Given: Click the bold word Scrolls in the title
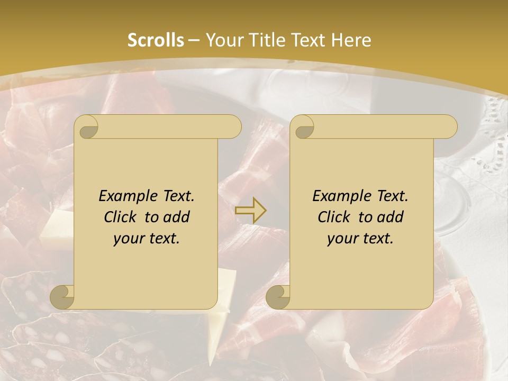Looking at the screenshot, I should [156, 40].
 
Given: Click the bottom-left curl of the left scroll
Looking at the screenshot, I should [62, 297].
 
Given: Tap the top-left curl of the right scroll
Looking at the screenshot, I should [303, 126].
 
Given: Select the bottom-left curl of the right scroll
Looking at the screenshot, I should [278, 297].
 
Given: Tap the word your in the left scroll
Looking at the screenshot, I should [126, 239].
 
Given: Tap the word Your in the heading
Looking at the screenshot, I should [222, 40].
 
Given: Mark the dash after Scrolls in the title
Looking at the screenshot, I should [194, 41].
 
